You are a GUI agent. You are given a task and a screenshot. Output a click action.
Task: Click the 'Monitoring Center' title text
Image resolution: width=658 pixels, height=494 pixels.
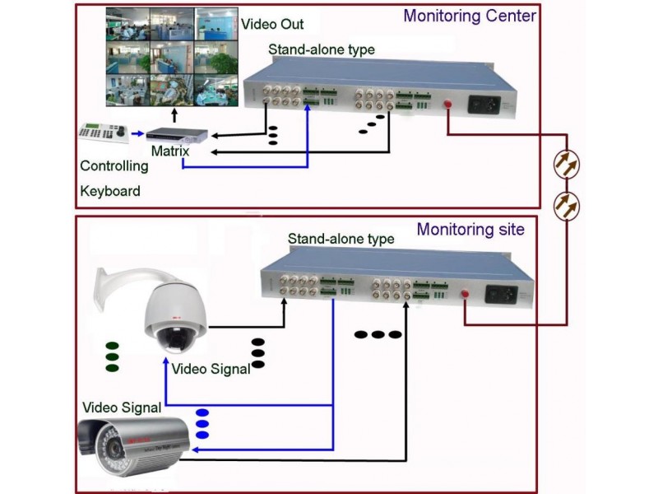point(469,16)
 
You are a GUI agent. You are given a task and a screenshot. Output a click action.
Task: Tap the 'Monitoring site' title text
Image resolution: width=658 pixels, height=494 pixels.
point(470,230)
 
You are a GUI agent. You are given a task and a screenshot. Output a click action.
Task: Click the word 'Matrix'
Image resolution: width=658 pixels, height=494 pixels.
point(170,151)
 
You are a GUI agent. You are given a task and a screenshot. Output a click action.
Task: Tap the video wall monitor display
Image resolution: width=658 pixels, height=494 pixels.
point(172,56)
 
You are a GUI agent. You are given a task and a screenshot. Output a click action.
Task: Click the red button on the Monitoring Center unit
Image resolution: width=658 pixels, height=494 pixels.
point(448,105)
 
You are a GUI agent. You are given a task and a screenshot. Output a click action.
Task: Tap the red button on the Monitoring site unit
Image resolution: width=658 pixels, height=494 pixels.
point(466,294)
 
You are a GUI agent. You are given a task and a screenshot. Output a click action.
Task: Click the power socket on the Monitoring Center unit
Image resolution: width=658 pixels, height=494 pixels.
point(487,105)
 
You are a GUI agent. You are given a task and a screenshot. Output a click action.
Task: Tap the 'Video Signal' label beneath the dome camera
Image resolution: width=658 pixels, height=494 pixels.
point(211,369)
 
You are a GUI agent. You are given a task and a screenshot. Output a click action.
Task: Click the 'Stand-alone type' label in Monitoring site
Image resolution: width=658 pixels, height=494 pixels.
point(341,239)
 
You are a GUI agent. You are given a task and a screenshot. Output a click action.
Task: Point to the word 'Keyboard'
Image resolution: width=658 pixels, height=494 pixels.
point(109,191)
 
